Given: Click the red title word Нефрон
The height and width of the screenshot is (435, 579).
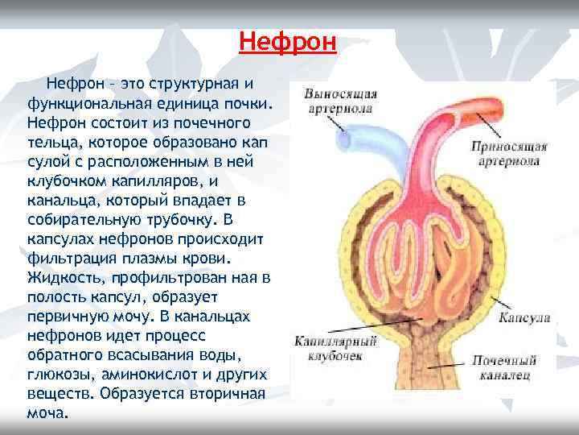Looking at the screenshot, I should coord(287,40).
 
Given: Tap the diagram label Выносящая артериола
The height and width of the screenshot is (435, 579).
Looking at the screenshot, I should coord(340,101).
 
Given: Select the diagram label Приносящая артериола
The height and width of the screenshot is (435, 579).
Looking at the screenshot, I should coord(509,153).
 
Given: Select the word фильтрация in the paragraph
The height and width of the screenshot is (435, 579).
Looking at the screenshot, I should coord(72,259).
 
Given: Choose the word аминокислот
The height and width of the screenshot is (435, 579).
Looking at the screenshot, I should coord(150,374).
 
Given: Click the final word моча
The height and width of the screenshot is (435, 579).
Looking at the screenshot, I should coord(47,412).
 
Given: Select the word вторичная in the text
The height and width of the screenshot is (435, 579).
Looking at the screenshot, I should coord(219,393).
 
